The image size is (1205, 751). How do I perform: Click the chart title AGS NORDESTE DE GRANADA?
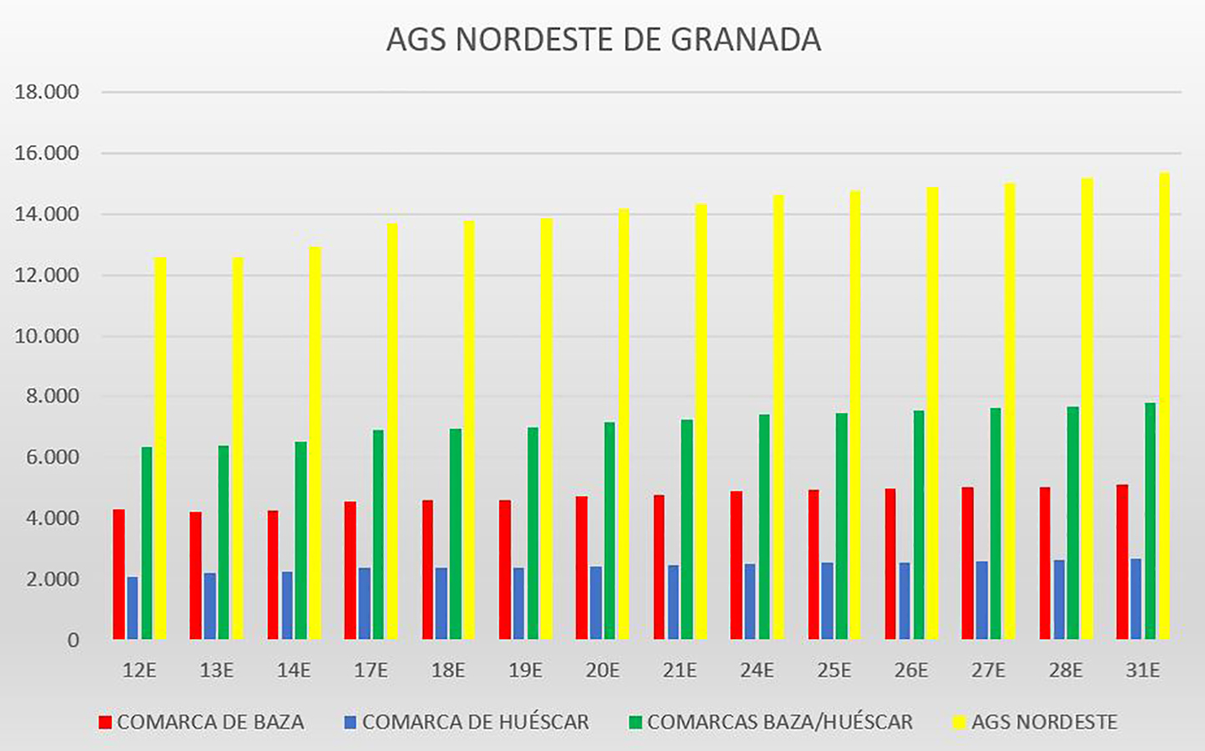pos(603,39)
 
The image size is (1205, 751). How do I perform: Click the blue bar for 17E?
pos(365,603)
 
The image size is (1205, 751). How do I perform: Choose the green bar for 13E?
pos(224,542)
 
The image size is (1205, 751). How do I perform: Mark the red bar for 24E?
pos(736,565)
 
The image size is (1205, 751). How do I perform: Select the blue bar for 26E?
pos(905,601)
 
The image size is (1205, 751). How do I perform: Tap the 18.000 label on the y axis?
pos(47,93)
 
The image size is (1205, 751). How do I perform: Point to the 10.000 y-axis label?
pos(47,336)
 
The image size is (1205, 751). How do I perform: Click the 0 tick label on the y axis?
pos(73,640)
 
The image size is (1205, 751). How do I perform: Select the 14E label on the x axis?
pos(294,670)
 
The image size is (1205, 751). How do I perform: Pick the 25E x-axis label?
pos(834,670)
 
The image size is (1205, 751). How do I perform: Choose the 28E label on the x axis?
pos(1066,670)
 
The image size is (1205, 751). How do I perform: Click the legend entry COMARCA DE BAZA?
pos(209,722)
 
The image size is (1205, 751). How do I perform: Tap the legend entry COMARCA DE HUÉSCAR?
pos(475,722)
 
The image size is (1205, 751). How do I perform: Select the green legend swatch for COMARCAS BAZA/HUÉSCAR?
pos(636,723)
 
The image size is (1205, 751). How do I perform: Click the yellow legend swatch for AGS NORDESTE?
pos(959,723)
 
